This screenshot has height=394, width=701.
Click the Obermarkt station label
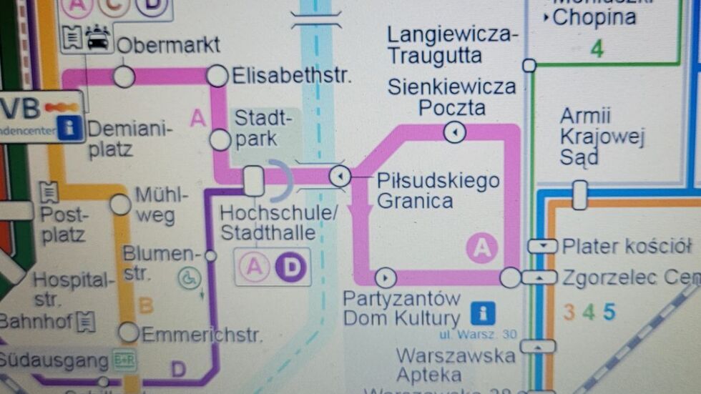click(x=168, y=46)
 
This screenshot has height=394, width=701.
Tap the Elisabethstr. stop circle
click(x=217, y=75)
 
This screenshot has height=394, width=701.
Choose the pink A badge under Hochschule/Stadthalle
click(x=253, y=267)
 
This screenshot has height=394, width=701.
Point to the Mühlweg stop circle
click(x=121, y=204)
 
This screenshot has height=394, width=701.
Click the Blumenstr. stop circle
click(x=210, y=255)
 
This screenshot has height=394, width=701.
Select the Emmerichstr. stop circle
click(x=129, y=332)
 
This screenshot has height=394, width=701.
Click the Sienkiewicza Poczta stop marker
click(x=454, y=132)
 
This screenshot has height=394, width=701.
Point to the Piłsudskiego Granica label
click(x=438, y=190)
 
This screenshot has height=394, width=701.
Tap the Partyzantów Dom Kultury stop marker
click(x=385, y=276)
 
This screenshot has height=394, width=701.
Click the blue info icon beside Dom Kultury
click(x=483, y=312)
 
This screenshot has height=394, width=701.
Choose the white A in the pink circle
click(x=482, y=248)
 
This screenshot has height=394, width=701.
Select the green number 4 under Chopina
click(x=597, y=49)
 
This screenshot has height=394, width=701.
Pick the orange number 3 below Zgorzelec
click(x=569, y=312)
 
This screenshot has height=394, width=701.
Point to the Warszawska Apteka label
click(x=456, y=365)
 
